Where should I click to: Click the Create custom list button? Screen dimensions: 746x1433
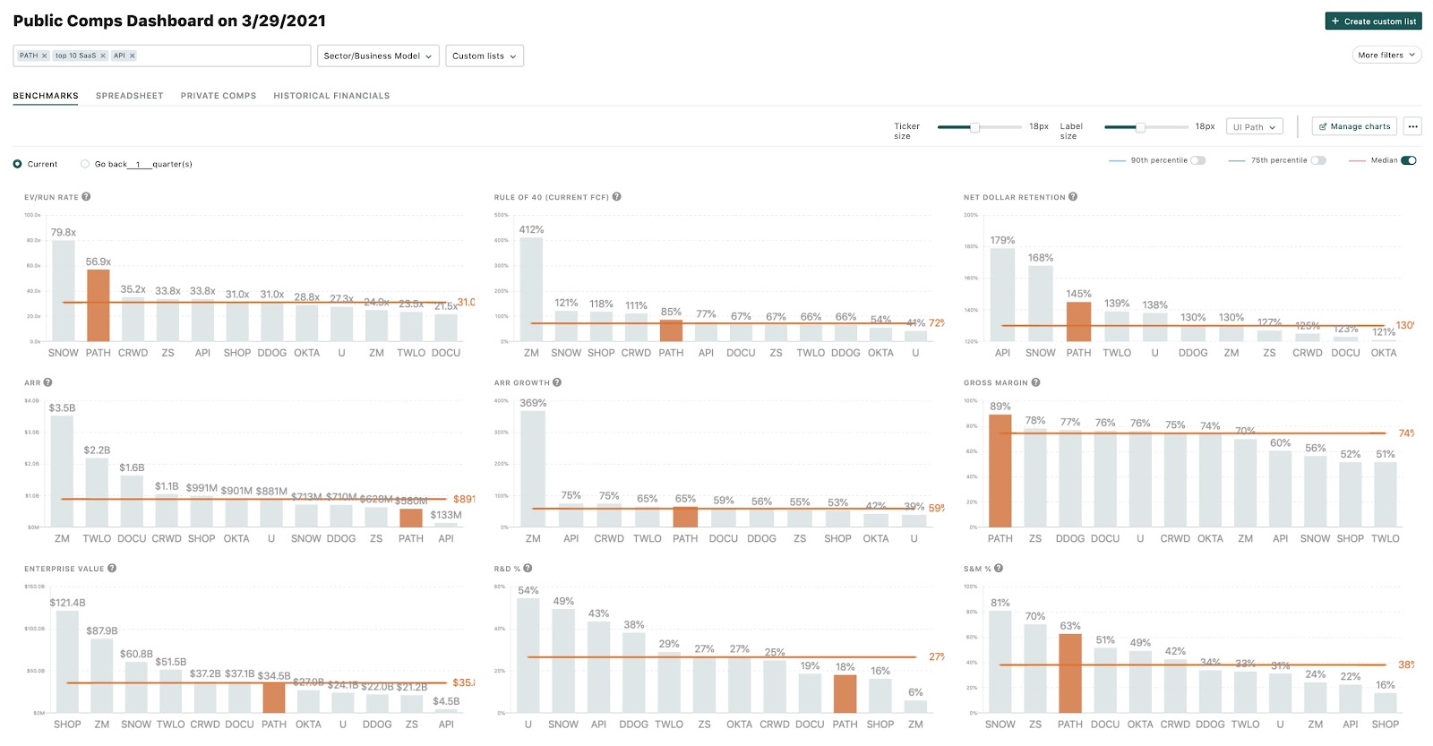1373,21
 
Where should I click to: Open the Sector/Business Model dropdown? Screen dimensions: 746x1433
377,56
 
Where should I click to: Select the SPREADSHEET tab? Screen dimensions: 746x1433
129,96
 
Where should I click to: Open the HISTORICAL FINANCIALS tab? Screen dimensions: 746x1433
331,96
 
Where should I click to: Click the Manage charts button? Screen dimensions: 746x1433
1354,126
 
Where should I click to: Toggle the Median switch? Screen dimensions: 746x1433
1408,160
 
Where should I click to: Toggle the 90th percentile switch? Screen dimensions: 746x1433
1197,160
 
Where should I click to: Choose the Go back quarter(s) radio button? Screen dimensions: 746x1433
85,164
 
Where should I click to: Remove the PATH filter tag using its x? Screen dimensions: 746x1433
44,56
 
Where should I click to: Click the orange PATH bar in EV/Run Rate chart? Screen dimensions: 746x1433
99,305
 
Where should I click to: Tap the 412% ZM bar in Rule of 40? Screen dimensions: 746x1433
531,288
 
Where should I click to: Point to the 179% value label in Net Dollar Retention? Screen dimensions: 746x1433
1002,240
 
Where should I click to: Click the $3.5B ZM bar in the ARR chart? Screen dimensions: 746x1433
62,471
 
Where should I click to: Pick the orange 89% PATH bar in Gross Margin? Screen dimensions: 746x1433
1000,471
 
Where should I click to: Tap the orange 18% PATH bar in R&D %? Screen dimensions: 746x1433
845,694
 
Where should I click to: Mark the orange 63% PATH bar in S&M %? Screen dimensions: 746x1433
1070,673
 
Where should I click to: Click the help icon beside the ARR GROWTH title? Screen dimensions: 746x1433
557,382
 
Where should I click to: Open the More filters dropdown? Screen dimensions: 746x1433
1386,55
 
